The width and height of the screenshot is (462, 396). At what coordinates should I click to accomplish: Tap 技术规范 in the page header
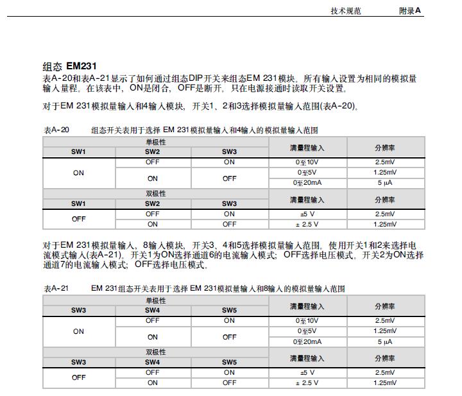click(x=346, y=11)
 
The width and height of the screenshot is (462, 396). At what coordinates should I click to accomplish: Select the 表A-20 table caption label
click(x=56, y=130)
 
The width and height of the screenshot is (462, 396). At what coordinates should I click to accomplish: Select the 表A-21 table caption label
click(x=56, y=289)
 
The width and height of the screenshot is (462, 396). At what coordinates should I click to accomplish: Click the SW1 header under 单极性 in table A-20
click(x=78, y=151)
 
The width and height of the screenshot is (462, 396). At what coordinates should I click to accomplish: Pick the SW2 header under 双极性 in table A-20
click(x=152, y=203)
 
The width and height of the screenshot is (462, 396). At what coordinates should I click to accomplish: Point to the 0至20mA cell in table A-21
click(x=307, y=341)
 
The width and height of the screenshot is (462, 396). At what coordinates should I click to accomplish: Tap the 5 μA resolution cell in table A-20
click(x=385, y=183)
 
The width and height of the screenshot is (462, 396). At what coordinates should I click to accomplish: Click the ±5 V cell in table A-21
click(x=307, y=372)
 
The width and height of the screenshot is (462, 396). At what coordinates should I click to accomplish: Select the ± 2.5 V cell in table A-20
click(x=307, y=225)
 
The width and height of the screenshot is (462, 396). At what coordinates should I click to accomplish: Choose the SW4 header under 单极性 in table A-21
click(x=152, y=310)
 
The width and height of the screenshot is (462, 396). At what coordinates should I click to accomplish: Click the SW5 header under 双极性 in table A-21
click(x=229, y=362)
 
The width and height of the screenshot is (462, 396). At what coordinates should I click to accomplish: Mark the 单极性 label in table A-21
click(x=155, y=300)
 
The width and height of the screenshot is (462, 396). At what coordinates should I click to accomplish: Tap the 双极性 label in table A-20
click(x=155, y=193)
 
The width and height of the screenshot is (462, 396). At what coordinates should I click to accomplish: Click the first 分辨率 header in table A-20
click(x=385, y=147)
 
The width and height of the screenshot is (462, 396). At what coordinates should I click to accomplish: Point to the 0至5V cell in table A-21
click(x=307, y=331)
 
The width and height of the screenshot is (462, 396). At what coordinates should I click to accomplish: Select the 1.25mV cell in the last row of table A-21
click(x=385, y=383)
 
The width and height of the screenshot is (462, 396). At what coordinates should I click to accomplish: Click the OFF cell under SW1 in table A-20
click(x=78, y=219)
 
